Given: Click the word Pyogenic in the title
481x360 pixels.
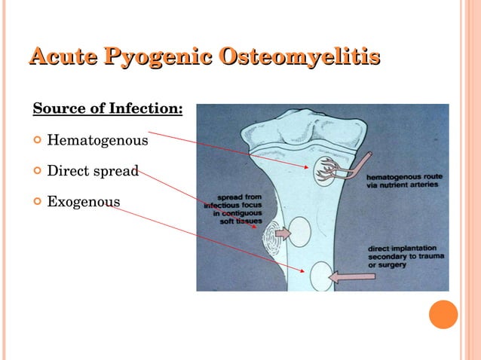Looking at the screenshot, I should click(x=158, y=56).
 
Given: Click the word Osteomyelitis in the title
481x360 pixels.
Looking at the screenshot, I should click(x=301, y=56).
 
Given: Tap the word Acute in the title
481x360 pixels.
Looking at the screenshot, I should click(x=63, y=56).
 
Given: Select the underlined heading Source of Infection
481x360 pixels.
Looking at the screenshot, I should click(x=108, y=108).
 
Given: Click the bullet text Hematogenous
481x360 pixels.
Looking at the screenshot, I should click(x=97, y=140).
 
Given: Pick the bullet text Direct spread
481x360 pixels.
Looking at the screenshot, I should click(x=93, y=171).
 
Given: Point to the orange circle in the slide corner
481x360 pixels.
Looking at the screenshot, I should click(x=443, y=314).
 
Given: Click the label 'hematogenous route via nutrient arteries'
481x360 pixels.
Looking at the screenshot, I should click(x=404, y=180).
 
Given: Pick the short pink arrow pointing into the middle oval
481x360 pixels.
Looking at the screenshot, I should click(x=282, y=235).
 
